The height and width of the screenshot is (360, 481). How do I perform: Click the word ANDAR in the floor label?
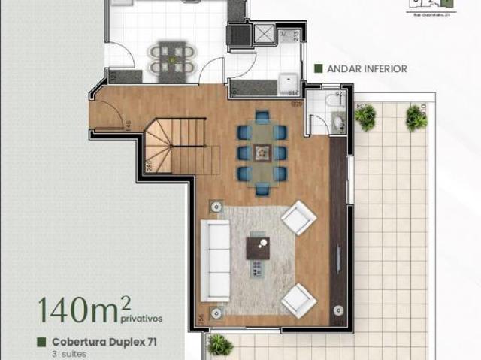tap(342, 69)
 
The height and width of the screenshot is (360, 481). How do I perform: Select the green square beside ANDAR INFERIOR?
tap(319, 69)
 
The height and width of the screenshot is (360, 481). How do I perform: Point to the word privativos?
tap(141, 318)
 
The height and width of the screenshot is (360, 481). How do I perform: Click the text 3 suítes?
tap(65, 353)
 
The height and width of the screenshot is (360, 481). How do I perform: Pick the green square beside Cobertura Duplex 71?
tap(42, 342)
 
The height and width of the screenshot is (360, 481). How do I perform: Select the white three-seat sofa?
tap(218, 259)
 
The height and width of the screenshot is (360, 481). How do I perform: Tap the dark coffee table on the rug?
tap(259, 246)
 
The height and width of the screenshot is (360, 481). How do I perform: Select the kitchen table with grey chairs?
tap(171, 59)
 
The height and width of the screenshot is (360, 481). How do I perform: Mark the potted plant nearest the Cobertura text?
tap(219, 345)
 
